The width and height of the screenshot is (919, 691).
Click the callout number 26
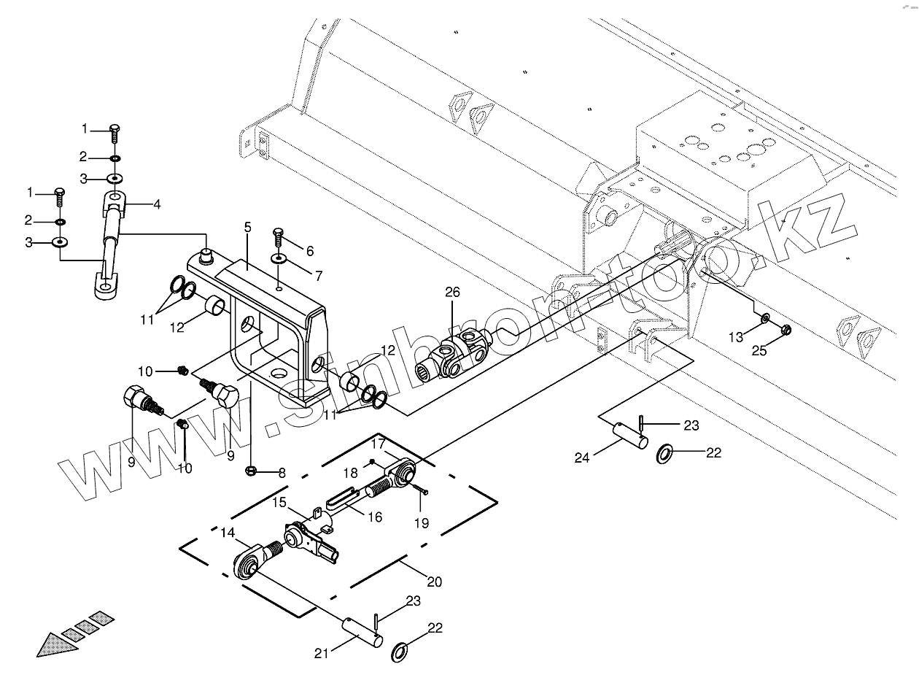453,293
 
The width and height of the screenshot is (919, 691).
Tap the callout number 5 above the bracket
247,228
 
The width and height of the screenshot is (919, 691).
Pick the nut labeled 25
786,331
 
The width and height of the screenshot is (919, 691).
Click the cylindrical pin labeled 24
629,436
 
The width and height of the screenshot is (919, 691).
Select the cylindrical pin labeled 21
362,633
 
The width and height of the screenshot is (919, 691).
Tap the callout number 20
434,582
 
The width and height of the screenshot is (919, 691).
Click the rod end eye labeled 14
248,563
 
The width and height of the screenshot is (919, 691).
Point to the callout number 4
157,205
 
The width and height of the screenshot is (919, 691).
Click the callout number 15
280,503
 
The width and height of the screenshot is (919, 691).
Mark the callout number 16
374,517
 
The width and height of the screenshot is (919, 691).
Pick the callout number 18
351,474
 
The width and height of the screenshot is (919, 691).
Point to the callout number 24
582,458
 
